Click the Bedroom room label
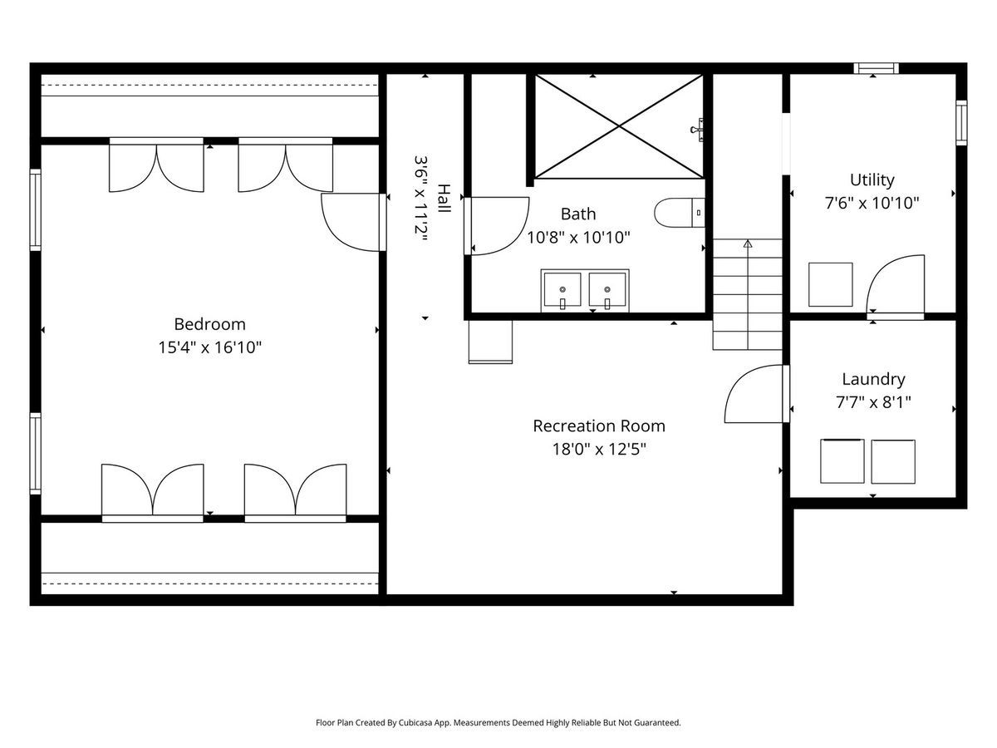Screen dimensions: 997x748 click(x=209, y=324)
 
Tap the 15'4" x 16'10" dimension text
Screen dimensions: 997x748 click(x=210, y=347)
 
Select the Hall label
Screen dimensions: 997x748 click(x=444, y=199)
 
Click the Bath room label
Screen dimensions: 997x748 click(x=578, y=214)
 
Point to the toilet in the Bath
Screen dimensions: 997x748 click(x=679, y=213)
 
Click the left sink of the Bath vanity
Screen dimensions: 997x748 click(x=562, y=290)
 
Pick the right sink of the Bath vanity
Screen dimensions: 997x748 click(x=607, y=290)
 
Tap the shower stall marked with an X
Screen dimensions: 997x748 click(x=619, y=126)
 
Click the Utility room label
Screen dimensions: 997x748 click(x=872, y=180)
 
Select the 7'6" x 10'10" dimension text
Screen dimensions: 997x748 click(x=872, y=203)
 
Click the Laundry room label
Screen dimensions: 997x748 click(x=873, y=380)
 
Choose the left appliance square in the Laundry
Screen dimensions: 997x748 click(x=842, y=461)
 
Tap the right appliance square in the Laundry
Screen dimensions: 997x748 click(x=893, y=462)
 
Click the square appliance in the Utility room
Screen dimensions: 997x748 click(x=830, y=285)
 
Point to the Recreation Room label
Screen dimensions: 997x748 click(x=599, y=426)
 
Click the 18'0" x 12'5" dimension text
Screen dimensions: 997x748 click(x=599, y=449)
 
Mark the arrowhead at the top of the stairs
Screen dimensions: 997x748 click(x=748, y=244)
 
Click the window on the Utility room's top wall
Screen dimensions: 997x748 click(x=877, y=68)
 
